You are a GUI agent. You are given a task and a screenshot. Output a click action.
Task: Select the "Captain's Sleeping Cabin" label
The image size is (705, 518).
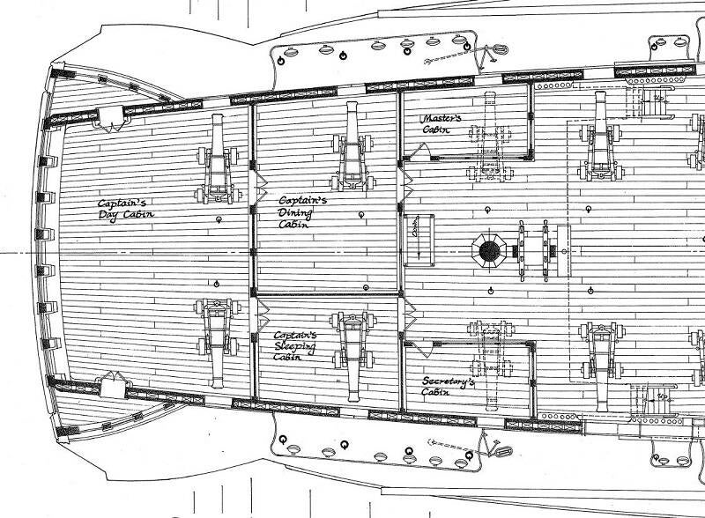point(296,347)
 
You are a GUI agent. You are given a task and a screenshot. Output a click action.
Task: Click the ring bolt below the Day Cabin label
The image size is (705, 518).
point(216,283)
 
